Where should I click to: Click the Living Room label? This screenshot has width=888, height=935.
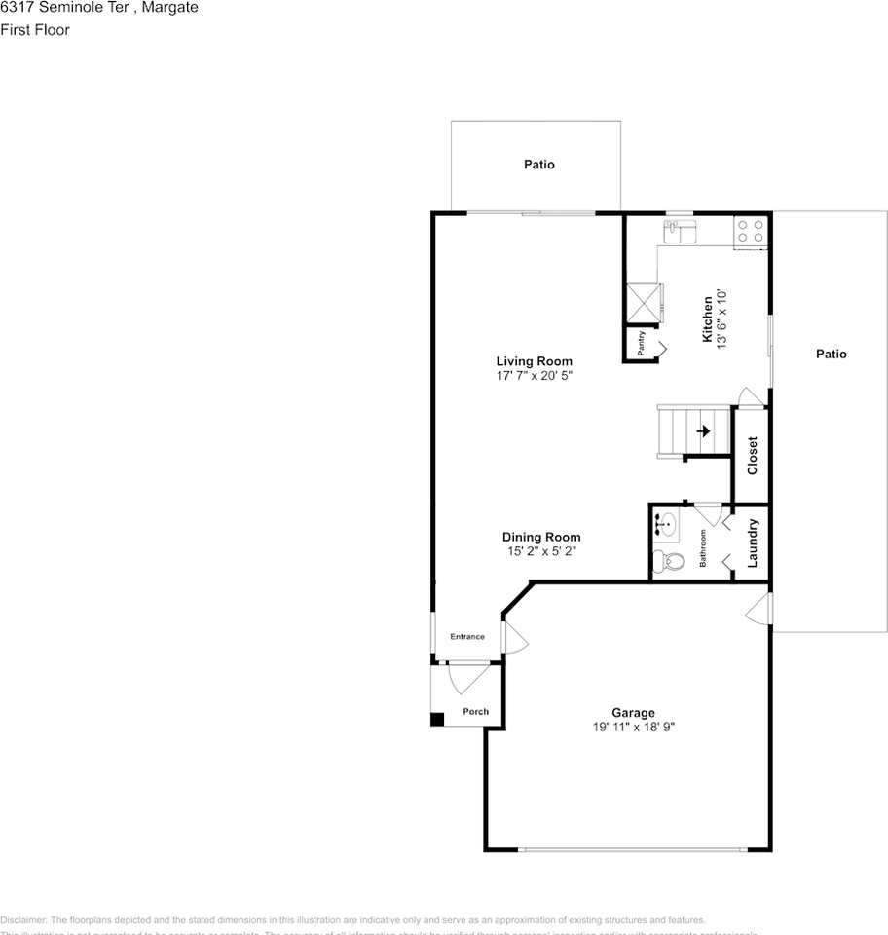click(534, 361)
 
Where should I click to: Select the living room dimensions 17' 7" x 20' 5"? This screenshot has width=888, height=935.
click(534, 375)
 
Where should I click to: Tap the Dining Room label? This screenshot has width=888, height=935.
click(541, 537)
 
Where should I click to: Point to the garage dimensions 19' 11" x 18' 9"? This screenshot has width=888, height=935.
click(633, 727)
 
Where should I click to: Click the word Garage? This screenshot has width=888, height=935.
click(633, 713)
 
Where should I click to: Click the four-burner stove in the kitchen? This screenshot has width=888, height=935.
click(750, 230)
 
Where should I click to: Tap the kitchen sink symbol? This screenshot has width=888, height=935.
click(679, 231)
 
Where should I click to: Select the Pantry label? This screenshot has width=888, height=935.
click(641, 343)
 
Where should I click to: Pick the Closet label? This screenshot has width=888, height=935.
click(752, 455)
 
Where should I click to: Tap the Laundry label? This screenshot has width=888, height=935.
click(753, 542)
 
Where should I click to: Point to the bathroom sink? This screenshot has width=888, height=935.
click(664, 524)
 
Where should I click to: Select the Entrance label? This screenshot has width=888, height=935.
click(466, 637)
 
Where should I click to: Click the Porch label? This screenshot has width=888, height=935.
click(475, 711)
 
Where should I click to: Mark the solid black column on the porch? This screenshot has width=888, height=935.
click(437, 720)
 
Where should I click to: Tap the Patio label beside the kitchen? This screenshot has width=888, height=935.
click(831, 354)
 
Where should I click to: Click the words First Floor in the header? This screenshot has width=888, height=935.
click(35, 29)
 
